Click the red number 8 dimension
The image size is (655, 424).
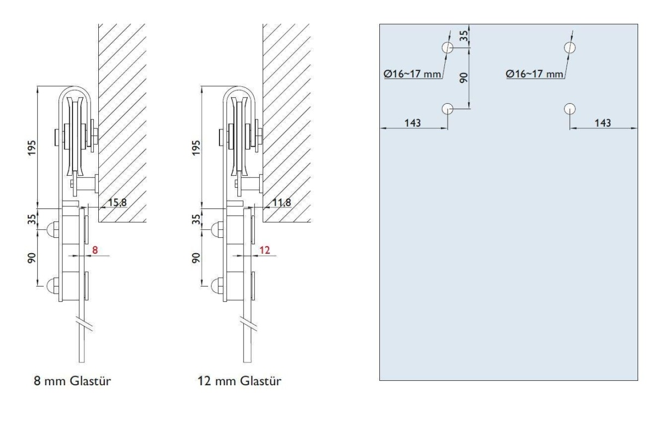click(95, 250)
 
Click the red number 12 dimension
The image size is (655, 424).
click(264, 250)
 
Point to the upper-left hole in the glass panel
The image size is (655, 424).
click(448, 47)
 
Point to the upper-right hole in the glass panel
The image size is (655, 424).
click(570, 47)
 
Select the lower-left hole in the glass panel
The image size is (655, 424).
click(448, 108)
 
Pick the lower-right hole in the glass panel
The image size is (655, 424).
click(570, 108)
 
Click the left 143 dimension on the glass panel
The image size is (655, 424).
click(413, 123)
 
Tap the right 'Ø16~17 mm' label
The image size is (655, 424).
click(534, 73)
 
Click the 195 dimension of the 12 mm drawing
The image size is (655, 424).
click(197, 147)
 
